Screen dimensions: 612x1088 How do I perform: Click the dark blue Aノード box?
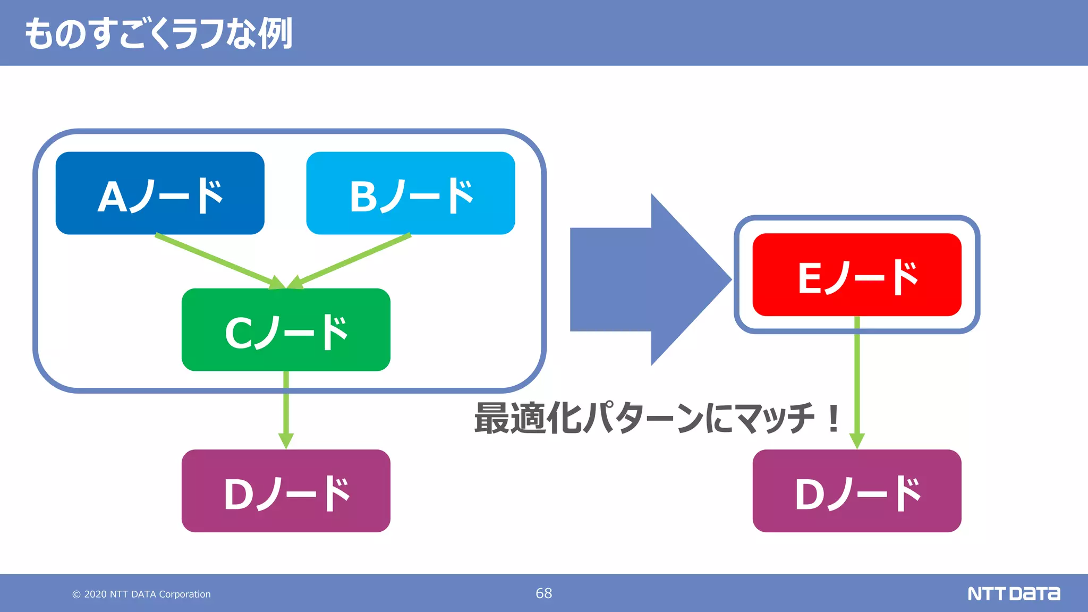point(159,193)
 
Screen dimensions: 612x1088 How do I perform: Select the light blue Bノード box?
point(410,193)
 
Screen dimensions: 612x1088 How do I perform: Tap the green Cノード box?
point(286,329)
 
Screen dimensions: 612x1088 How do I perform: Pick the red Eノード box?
point(856,275)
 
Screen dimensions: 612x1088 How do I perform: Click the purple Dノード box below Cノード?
point(286,491)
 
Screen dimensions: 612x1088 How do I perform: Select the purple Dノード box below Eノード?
point(856,491)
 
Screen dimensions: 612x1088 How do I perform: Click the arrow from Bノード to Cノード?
point(351,260)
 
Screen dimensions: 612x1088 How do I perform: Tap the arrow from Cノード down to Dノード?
point(286,409)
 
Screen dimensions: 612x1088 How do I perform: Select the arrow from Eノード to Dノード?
point(857,382)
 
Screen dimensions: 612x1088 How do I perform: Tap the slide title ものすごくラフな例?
point(158,33)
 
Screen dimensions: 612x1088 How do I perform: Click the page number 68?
point(543,593)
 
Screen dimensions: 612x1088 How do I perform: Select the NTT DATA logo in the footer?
point(1013,593)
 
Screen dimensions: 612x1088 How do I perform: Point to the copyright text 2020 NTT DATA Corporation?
point(142,594)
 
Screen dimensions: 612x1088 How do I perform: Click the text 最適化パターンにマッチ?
point(643,418)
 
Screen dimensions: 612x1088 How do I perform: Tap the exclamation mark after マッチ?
point(834,418)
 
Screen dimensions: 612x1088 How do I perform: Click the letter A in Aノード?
point(112,197)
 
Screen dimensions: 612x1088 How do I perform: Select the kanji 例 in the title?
point(275,33)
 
